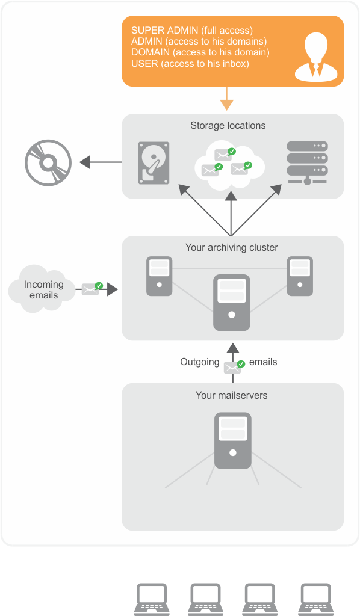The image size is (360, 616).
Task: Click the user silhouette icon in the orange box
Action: coord(315,57)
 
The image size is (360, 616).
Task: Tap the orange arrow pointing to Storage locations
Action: coord(227,99)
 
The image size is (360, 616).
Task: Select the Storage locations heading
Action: coord(228,125)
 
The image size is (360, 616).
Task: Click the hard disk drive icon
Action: coord(154,163)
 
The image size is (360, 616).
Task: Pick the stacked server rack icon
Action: coord(308,163)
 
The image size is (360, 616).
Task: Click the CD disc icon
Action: coord(48,162)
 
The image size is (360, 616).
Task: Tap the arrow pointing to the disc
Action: coord(101,162)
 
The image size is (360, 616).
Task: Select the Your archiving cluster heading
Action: coord(232,247)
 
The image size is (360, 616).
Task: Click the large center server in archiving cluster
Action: coord(232,303)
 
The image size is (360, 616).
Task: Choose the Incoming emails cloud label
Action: coord(43,289)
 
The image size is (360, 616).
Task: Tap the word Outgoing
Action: coord(200,362)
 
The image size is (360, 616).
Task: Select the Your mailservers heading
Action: coord(232,395)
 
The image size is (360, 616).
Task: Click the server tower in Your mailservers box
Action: coord(232,440)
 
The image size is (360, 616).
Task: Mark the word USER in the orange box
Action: coord(144,63)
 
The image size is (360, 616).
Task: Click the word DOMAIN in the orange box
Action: coord(151,52)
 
